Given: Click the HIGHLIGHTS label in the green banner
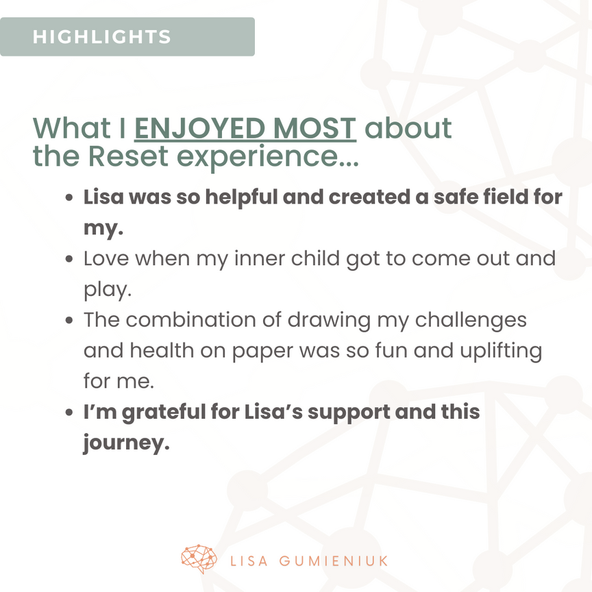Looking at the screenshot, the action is point(101,36).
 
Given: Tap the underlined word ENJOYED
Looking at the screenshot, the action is point(200,128).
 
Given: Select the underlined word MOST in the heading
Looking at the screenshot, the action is point(314,128).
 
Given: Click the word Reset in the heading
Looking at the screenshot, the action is point(128,156).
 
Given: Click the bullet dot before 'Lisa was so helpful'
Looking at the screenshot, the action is point(69,197).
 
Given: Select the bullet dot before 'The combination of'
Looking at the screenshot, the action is point(69,320).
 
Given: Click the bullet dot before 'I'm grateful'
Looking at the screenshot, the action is point(69,412).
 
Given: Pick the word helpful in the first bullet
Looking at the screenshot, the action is point(241,197).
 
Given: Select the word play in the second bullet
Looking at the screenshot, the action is point(106,291).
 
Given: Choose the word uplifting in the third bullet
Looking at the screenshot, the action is point(501,351).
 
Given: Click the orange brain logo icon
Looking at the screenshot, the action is point(199,559).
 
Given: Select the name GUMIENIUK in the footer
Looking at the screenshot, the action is point(334,561).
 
